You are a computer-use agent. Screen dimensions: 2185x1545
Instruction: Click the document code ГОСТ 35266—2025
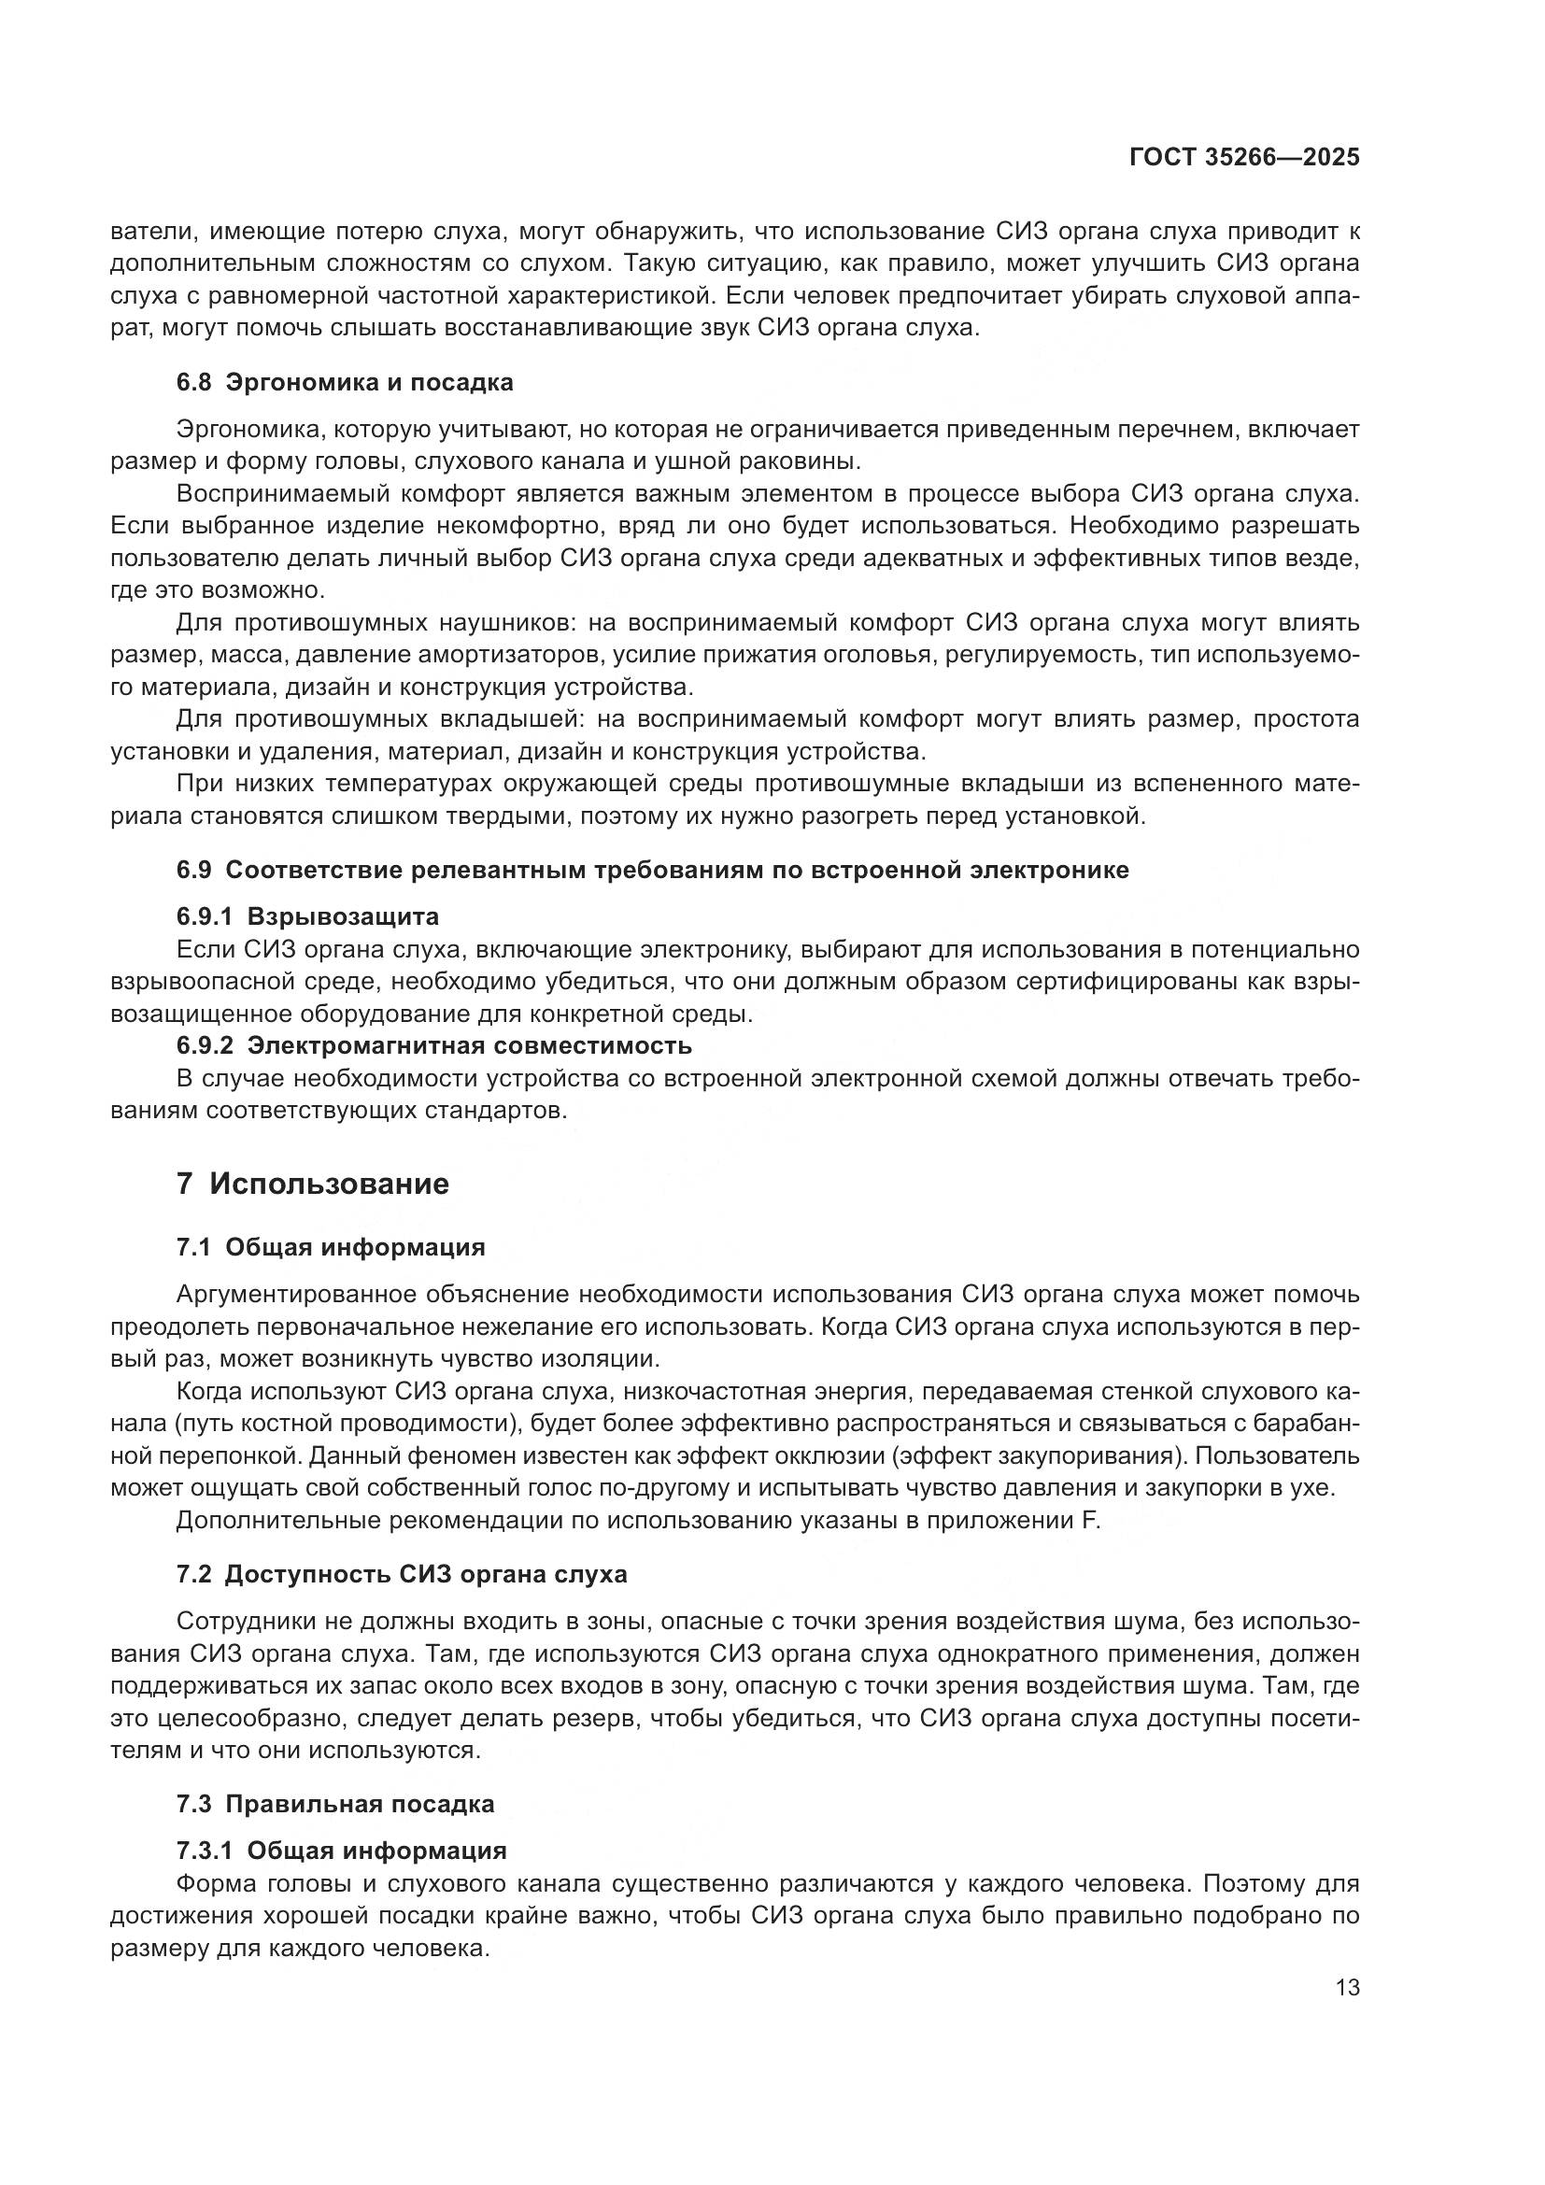tap(1243, 158)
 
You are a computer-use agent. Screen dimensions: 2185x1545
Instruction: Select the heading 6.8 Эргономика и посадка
tap(345, 383)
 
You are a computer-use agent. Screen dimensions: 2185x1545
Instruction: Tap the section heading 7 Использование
tap(312, 1184)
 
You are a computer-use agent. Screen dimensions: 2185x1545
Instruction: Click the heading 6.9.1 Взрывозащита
tap(307, 916)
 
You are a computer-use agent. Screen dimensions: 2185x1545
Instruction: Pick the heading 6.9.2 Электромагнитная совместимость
tap(433, 1045)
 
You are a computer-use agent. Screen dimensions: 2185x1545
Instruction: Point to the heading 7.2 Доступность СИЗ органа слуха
tap(402, 1574)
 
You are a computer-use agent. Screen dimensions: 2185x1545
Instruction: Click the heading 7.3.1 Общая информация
tap(342, 1851)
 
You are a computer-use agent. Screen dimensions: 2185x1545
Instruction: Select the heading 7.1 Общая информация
tap(330, 1248)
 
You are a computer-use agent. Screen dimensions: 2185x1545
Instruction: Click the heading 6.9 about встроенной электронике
tap(653, 870)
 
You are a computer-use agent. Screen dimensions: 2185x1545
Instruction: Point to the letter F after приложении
tap(1091, 1521)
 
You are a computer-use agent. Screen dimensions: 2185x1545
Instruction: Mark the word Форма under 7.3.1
tap(208, 1883)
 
